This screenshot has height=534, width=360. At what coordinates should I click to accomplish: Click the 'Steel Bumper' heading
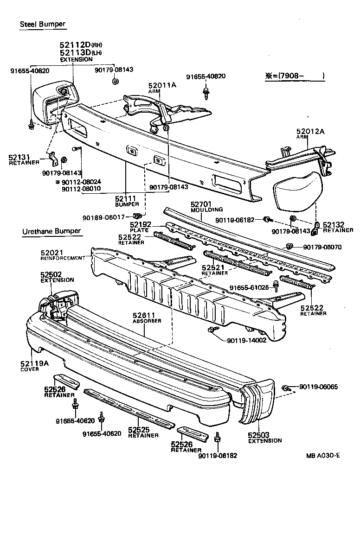[x=42, y=24]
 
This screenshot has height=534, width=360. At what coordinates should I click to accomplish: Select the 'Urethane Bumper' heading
[x=51, y=231]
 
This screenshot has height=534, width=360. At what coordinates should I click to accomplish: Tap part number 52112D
[x=75, y=45]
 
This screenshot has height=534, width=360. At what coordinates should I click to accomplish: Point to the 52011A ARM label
[x=162, y=88]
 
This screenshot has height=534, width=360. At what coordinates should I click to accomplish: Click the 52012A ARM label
[x=310, y=134]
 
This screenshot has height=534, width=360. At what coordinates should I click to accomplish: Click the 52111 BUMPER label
[x=127, y=201]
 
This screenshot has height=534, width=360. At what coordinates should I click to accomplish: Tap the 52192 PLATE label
[x=139, y=227]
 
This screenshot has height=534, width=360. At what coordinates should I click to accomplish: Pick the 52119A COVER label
[x=34, y=366]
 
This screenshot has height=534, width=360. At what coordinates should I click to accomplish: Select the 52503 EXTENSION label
[x=264, y=438]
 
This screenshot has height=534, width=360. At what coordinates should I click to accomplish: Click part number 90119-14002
[x=246, y=340]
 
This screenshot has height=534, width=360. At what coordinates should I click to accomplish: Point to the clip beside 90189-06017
[x=137, y=216]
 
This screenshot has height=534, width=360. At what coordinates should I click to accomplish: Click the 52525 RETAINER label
[x=143, y=432]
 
